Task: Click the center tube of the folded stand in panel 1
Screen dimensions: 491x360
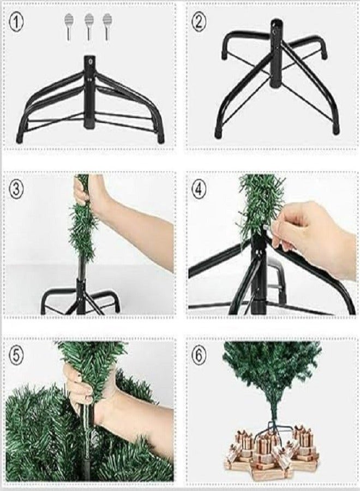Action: (x=89, y=93)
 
